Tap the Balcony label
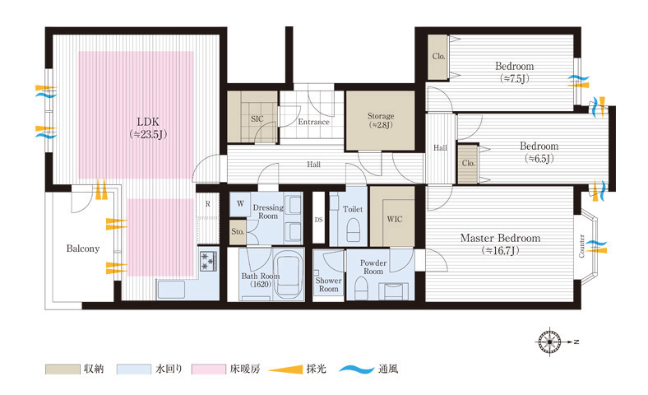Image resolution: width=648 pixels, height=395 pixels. click(x=83, y=249)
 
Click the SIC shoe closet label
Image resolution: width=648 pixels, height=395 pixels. click(x=257, y=119)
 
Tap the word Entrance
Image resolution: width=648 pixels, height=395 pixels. click(x=313, y=122)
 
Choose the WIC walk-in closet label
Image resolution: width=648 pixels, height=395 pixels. click(x=395, y=219)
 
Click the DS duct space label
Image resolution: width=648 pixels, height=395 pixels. click(x=318, y=220)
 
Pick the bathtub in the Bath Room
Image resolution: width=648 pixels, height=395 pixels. click(x=289, y=276)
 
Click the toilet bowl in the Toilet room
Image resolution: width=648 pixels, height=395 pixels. click(x=353, y=230)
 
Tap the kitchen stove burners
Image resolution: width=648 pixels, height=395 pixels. click(x=209, y=261)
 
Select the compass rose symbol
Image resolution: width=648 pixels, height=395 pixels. click(x=550, y=342)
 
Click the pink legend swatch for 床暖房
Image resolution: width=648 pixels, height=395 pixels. click(x=208, y=369)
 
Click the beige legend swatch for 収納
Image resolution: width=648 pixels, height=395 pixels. click(x=62, y=369)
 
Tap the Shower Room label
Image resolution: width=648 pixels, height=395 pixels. click(x=329, y=285)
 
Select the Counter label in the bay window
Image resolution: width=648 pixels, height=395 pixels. click(x=582, y=246)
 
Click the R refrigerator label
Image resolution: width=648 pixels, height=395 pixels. click(x=208, y=204)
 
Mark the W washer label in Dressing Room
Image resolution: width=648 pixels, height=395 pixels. click(x=240, y=203)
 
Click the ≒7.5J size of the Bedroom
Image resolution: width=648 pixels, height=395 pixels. click(x=515, y=78)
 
